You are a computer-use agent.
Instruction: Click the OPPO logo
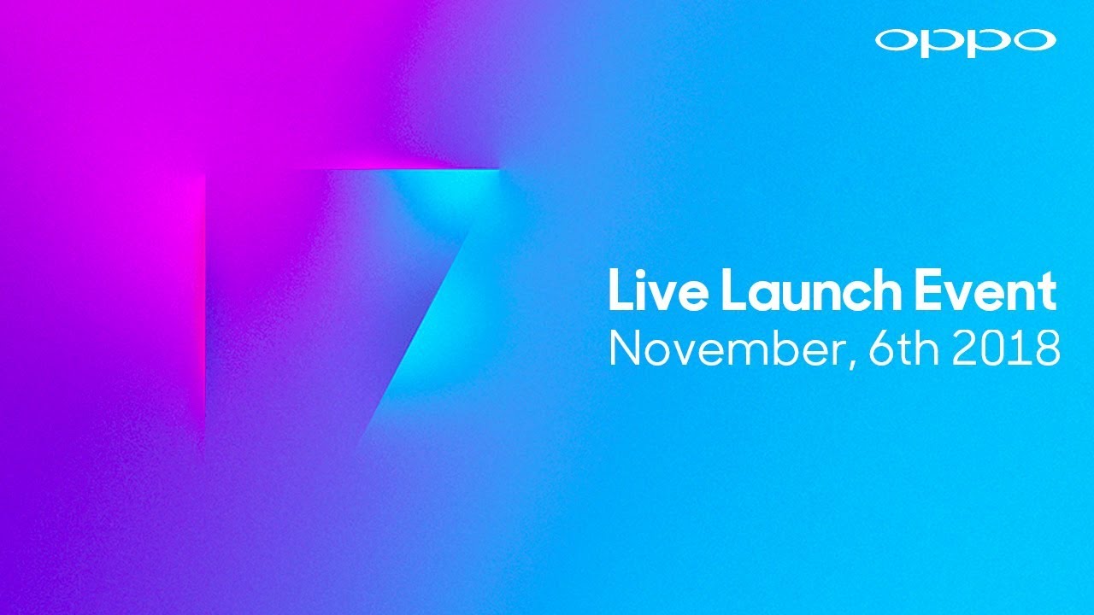(x=965, y=41)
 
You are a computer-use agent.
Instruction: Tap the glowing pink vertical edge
(x=205, y=299)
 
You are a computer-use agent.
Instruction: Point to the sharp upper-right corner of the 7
(x=498, y=170)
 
